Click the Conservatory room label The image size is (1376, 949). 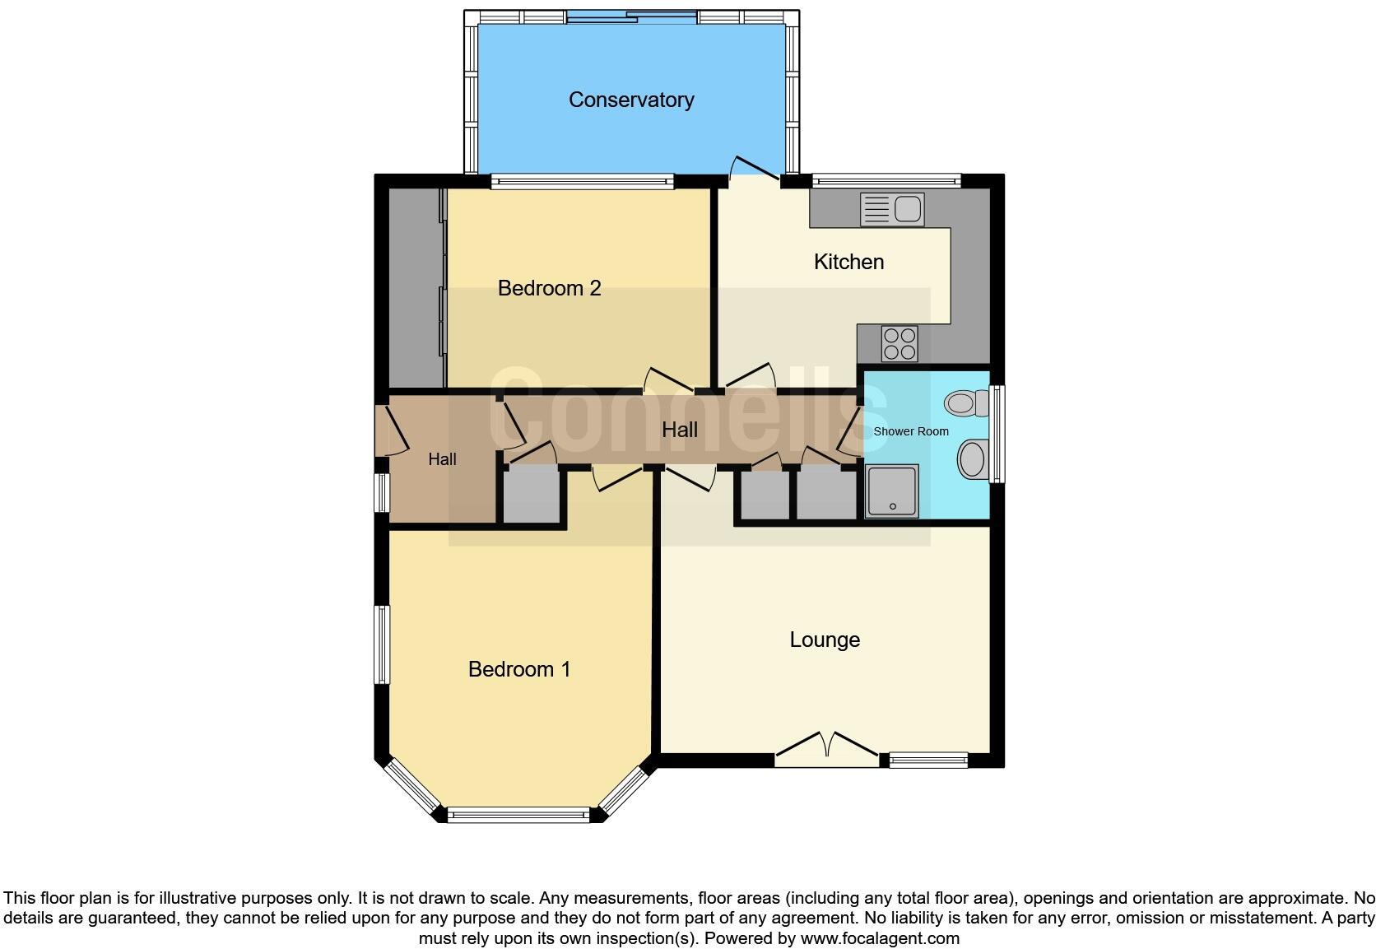point(631,100)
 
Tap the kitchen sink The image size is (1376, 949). point(892,209)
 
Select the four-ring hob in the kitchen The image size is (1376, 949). point(900,343)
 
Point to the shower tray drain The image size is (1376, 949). point(893,506)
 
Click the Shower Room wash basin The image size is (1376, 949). point(973,459)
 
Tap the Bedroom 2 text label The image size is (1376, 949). point(549,288)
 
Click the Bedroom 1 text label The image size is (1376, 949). point(518,669)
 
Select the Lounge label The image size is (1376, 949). point(825,640)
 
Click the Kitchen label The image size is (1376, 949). point(848,262)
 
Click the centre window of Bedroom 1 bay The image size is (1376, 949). point(518,816)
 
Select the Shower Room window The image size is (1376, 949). point(997,434)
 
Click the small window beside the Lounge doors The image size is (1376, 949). point(928,760)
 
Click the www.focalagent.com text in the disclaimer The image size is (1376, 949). point(879,938)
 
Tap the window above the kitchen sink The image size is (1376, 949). point(886,180)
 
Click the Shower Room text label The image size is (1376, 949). point(910,431)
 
